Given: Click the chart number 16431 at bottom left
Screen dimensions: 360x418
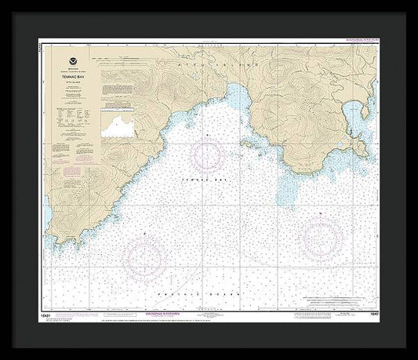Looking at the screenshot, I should click(x=53, y=314).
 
